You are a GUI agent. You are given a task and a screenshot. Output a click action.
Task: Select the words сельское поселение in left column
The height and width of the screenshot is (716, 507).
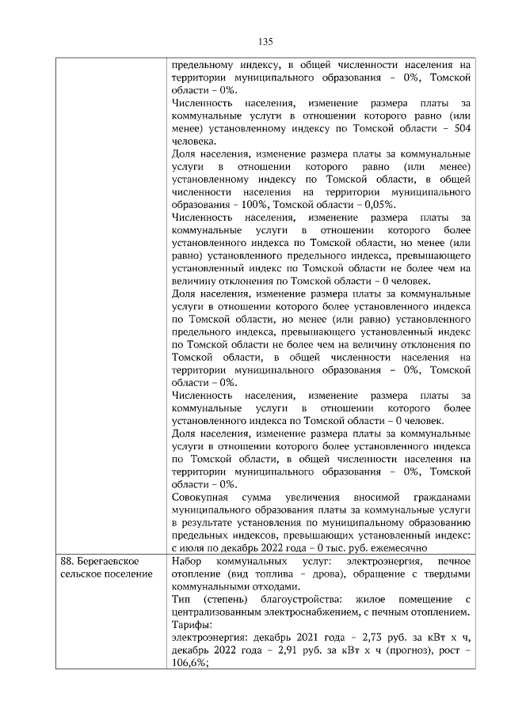[x=105, y=573]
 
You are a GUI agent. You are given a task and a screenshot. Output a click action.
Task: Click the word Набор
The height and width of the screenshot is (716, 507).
[x=187, y=560]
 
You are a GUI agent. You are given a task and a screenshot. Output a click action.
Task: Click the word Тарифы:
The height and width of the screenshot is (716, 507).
[x=190, y=624]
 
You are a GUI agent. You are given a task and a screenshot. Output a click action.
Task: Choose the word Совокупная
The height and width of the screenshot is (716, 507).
[x=202, y=497]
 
